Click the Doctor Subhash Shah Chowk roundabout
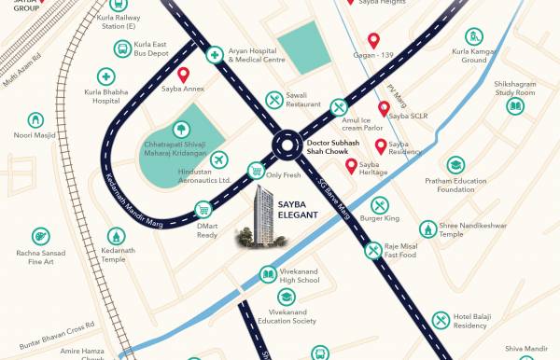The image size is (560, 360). pyautogui.click(x=285, y=146)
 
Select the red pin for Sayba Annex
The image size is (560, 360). pyautogui.click(x=184, y=76)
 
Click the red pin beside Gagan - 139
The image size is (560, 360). pyautogui.click(x=374, y=41)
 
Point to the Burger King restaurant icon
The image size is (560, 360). pyautogui.click(x=379, y=205)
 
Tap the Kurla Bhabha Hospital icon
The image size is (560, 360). pyautogui.click(x=106, y=77)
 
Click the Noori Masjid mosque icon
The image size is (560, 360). pyautogui.click(x=36, y=120)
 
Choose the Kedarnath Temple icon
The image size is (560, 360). pyautogui.click(x=116, y=238)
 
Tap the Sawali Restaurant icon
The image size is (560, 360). pyautogui.click(x=274, y=100)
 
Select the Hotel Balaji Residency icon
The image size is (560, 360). pyautogui.click(x=441, y=320)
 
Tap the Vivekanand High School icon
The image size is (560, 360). pyautogui.click(x=266, y=275)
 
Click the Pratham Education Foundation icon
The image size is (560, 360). pyautogui.click(x=455, y=166)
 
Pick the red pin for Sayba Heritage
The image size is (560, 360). pyautogui.click(x=352, y=167)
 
